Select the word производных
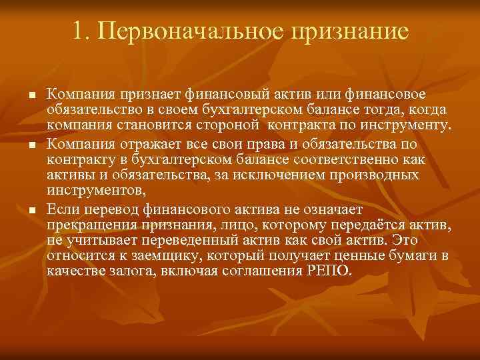tap(383, 174)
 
